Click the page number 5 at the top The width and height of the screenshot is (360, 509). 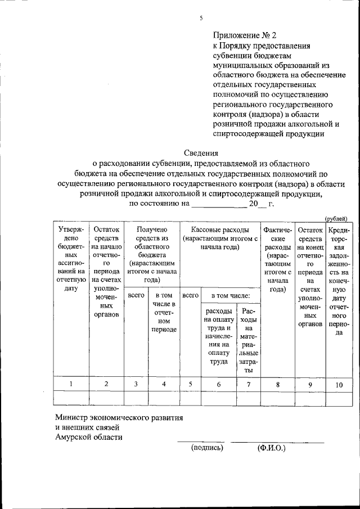[200, 19]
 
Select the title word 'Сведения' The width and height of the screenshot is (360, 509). [202, 152]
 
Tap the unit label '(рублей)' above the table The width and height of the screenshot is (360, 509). [336, 218]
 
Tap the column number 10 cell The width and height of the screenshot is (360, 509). [339, 385]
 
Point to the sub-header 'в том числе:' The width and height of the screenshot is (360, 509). [235, 295]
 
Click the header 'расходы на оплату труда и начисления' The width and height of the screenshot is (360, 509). [218, 336]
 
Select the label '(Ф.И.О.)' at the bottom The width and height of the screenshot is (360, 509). [272, 448]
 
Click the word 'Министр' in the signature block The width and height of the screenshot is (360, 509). [73, 418]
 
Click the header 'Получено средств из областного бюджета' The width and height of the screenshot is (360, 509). [151, 254]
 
